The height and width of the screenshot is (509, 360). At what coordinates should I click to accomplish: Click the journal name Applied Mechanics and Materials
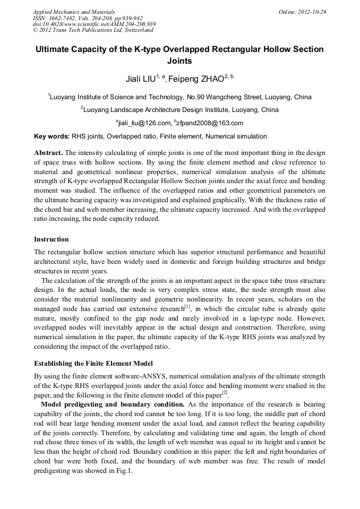(x=73, y=12)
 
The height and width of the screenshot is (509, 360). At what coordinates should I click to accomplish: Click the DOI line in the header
(x=94, y=24)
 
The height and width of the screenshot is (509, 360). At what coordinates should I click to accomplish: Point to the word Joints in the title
(x=179, y=61)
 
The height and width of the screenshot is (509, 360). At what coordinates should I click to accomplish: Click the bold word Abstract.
(x=48, y=152)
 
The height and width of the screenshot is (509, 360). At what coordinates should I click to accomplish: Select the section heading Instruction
(x=51, y=239)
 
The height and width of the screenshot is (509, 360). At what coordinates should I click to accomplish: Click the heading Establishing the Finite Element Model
(x=93, y=364)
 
